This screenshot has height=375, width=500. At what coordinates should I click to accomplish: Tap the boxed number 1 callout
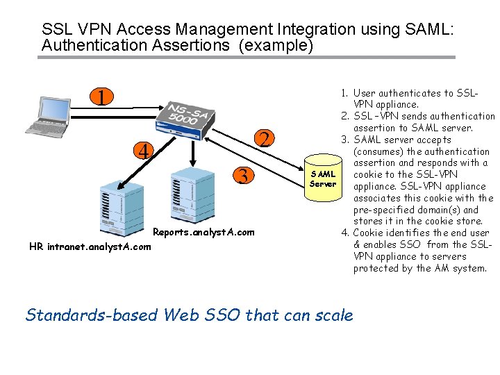[x=102, y=97]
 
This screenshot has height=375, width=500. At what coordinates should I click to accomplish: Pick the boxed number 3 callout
[x=242, y=176]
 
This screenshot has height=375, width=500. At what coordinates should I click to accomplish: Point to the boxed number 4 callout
[x=143, y=151]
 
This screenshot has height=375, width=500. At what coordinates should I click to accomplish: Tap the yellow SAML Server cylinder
[x=322, y=179]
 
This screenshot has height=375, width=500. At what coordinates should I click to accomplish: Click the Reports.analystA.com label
[x=203, y=232]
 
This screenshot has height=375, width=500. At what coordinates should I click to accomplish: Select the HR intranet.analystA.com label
[x=90, y=246]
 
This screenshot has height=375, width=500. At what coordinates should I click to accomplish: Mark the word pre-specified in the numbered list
[x=385, y=210]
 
